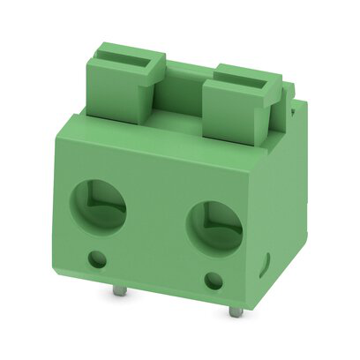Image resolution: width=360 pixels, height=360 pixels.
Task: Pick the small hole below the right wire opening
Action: click(x=213, y=281)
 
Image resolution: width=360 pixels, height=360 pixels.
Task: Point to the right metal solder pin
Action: click(x=234, y=311)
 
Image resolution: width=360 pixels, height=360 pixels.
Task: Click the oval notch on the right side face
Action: click(x=266, y=262)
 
